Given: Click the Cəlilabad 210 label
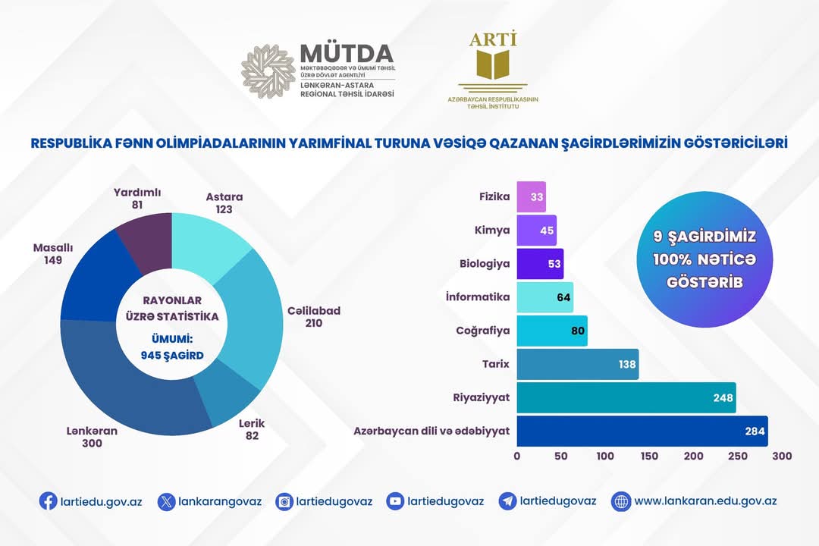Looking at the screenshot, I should (x=314, y=317).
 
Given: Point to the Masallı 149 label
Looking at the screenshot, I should (x=58, y=254).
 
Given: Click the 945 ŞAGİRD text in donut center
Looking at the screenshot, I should (x=172, y=355).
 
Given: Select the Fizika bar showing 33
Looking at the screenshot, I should (x=531, y=196).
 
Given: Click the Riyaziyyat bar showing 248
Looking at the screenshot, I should (x=626, y=397).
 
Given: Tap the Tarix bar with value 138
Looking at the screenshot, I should (x=578, y=364).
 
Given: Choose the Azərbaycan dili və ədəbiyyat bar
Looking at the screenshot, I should (x=642, y=431).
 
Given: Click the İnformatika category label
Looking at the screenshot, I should (x=478, y=297).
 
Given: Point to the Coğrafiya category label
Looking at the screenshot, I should (x=482, y=331).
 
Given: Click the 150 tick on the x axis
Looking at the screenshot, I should (x=649, y=457).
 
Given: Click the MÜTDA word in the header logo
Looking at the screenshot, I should (x=347, y=54).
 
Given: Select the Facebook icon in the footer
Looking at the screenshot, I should (x=48, y=501).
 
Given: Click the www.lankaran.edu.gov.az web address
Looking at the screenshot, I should (x=705, y=501).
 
